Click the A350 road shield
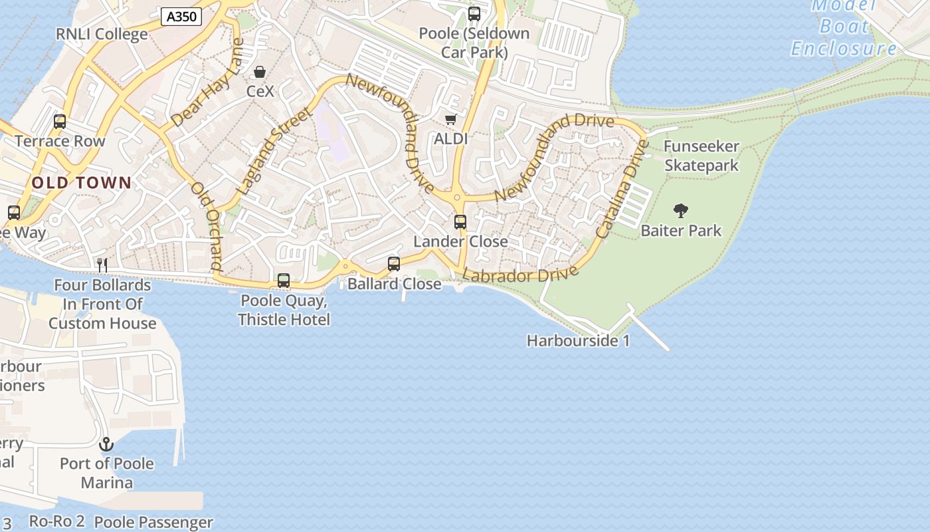point(181,17)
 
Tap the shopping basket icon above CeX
point(260,72)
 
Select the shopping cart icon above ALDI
point(451,120)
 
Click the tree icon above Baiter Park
point(681,211)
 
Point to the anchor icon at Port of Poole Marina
point(106,444)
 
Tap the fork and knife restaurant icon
point(102,265)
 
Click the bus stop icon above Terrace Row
point(60,122)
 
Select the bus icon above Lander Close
point(460,222)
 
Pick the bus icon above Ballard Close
point(394,264)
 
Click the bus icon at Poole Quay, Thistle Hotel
point(284,281)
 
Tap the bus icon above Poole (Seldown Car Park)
point(474,14)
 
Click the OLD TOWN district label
point(82,183)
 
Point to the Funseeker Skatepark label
point(701,156)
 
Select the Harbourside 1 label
point(578,340)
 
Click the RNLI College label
point(102,34)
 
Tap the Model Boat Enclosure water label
point(844,27)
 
